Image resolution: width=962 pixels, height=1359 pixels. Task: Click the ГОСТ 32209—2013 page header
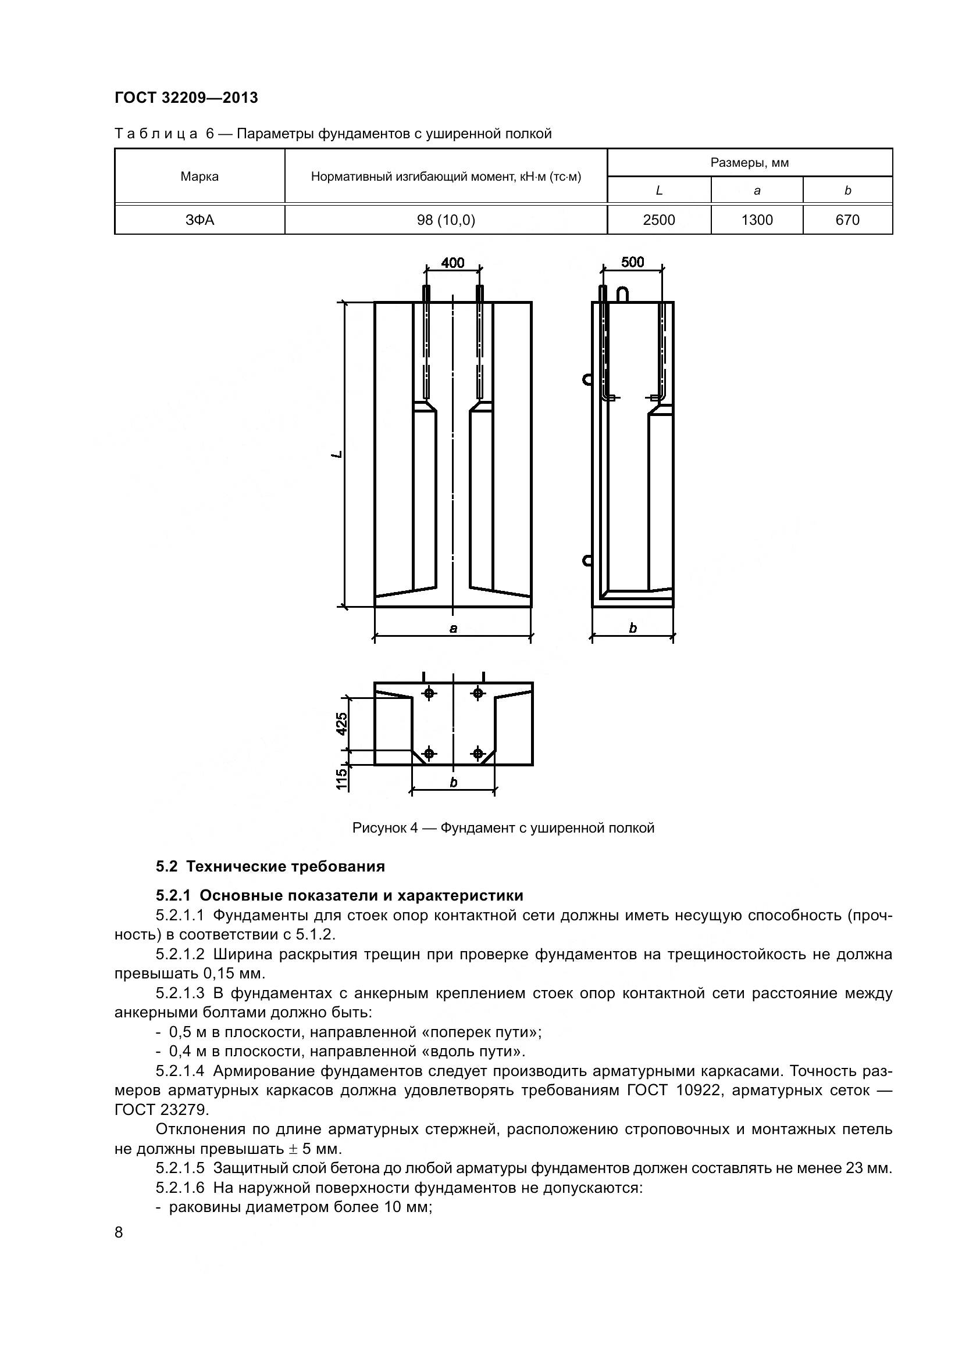click(186, 98)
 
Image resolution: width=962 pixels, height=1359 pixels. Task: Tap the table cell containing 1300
click(757, 220)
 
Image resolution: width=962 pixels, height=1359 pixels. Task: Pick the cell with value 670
click(847, 220)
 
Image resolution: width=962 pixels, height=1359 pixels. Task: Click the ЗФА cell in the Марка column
click(199, 220)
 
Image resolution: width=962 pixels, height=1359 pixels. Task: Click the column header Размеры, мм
click(749, 163)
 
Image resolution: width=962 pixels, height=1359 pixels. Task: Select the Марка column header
click(199, 177)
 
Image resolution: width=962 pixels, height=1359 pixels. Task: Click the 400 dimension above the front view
click(453, 262)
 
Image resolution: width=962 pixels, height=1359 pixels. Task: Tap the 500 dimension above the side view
click(632, 261)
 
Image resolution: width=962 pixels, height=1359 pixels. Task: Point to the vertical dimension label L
click(336, 454)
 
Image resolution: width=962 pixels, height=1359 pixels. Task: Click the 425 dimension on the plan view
click(342, 723)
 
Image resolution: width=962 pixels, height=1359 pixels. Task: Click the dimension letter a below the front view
click(453, 629)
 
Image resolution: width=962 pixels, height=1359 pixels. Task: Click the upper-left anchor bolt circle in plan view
click(429, 693)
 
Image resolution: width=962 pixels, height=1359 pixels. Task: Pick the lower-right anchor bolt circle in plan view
click(478, 754)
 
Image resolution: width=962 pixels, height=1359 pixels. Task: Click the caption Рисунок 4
click(503, 828)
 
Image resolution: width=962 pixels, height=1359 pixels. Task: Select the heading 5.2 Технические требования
click(270, 866)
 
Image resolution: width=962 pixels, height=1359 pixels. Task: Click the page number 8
click(119, 1232)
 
